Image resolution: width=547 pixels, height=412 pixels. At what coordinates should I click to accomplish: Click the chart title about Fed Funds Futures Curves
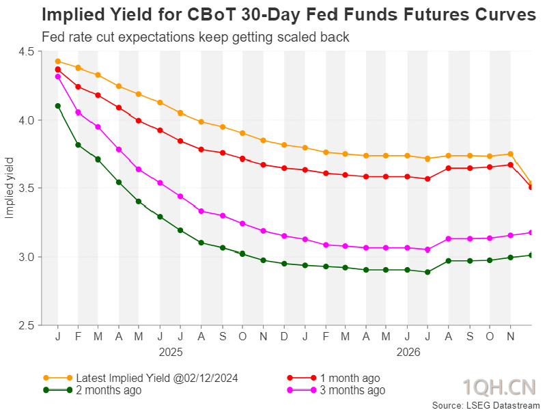[x=289, y=15]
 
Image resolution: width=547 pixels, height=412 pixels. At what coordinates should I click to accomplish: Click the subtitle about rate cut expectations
[x=195, y=37]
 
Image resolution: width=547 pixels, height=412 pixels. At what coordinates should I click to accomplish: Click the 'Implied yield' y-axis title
[x=9, y=188]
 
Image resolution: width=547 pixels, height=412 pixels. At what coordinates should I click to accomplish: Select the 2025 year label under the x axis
[x=171, y=352]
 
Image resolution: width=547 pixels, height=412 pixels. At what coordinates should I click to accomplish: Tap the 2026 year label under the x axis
[x=408, y=352]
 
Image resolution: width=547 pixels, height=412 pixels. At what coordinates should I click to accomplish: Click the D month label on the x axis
[x=284, y=336]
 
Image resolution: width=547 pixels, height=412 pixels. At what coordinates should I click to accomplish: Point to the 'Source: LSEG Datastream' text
[x=486, y=405]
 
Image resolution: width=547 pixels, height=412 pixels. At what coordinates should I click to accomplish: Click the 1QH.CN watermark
[x=499, y=387]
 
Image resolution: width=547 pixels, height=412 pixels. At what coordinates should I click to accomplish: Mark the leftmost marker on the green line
[x=58, y=106]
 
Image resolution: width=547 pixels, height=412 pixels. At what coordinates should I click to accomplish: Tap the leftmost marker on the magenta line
[x=58, y=77]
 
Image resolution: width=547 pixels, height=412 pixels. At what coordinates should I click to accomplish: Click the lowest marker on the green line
[x=427, y=272]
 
